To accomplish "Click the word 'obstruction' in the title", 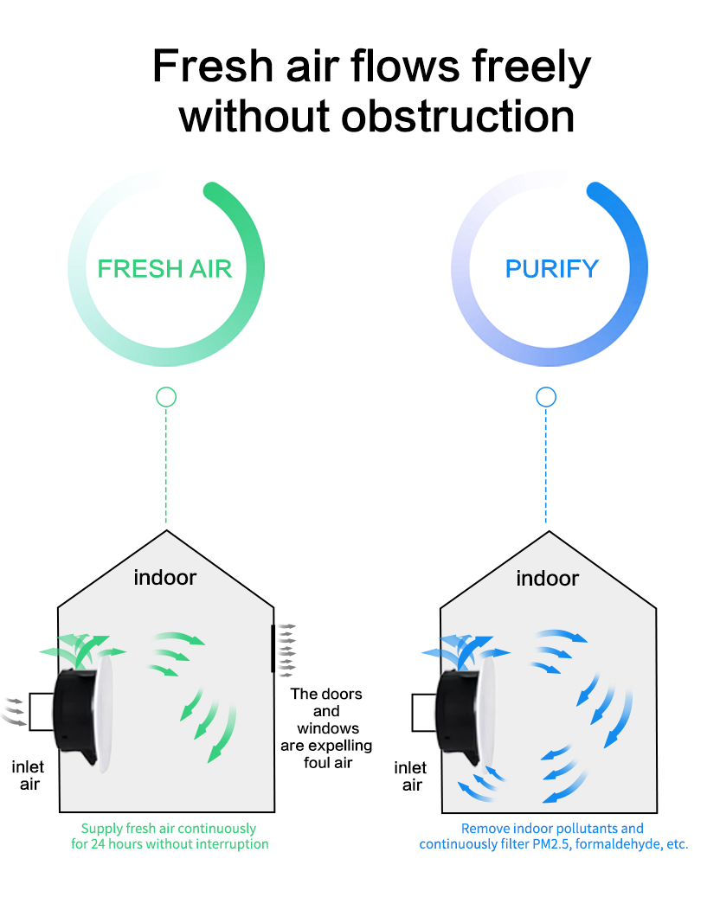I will click(x=458, y=116).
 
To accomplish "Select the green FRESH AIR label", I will click(x=164, y=268).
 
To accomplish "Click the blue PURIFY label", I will click(x=552, y=268).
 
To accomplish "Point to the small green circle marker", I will click(x=166, y=397).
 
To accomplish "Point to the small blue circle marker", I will click(x=546, y=397).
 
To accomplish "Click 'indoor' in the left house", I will click(x=165, y=577).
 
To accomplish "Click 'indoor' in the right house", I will click(x=548, y=577).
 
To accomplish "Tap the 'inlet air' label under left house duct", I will click(x=29, y=776).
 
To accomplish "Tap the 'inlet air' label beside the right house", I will click(x=411, y=776).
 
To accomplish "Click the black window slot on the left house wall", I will click(x=273, y=648).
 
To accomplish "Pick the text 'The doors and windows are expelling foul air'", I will click(x=326, y=728).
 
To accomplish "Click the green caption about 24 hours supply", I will click(x=170, y=836).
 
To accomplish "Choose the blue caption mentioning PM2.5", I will click(x=553, y=836).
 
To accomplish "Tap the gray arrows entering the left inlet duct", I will click(x=15, y=710).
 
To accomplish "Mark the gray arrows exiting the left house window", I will click(x=287, y=648).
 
